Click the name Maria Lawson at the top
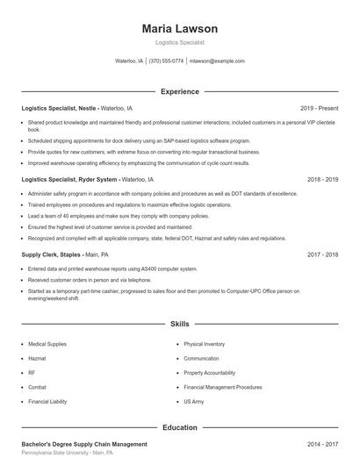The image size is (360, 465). (x=180, y=29)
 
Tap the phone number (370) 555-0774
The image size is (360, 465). (x=166, y=61)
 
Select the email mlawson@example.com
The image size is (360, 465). (x=217, y=61)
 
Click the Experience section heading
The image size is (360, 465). (x=180, y=91)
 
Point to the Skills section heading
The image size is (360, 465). (x=180, y=324)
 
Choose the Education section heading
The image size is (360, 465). (x=180, y=427)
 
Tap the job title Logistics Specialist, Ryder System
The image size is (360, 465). (x=69, y=179)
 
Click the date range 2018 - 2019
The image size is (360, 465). (x=323, y=179)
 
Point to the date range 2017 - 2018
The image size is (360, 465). (x=323, y=254)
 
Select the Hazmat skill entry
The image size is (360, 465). (x=38, y=359)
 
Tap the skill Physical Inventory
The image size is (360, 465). (x=205, y=345)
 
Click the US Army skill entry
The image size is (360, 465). (x=193, y=401)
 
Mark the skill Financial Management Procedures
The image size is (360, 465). (x=224, y=387)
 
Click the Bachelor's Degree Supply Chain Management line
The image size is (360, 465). (x=84, y=444)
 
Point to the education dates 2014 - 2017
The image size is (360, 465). (x=323, y=444)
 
